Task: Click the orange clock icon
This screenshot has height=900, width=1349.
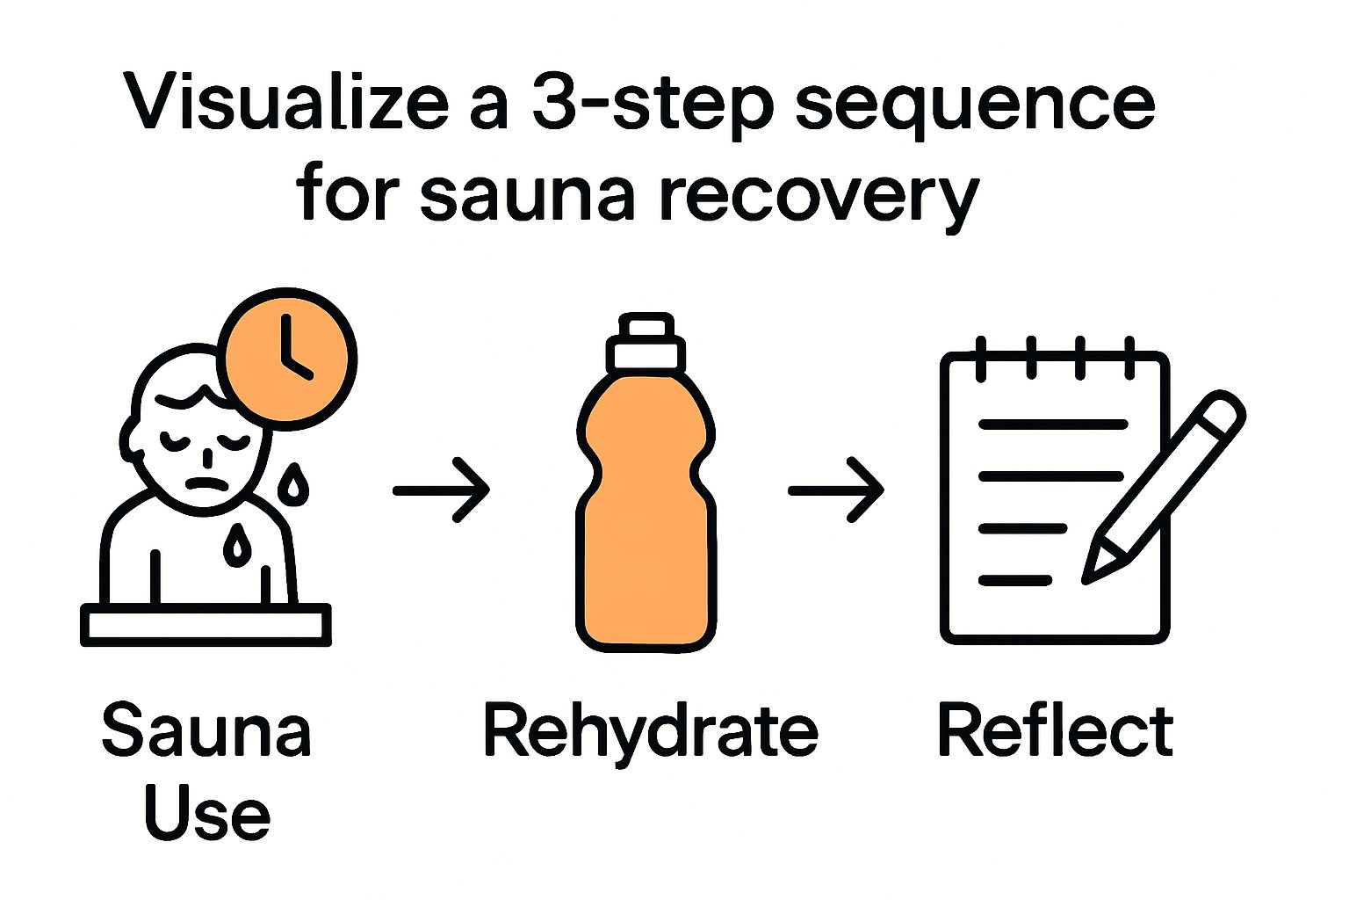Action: (286, 358)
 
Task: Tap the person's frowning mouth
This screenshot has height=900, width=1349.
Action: (207, 484)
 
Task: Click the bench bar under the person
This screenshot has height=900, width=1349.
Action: (206, 625)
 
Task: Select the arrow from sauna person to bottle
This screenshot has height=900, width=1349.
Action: (441, 490)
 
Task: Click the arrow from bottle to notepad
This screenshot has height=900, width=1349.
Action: (835, 490)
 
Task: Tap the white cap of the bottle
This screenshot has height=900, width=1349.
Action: (646, 344)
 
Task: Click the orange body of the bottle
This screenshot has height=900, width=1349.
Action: (646, 527)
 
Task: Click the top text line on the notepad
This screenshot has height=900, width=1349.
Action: (1052, 425)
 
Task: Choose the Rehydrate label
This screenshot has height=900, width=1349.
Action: (650, 731)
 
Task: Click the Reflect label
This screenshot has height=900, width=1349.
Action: (1055, 731)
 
